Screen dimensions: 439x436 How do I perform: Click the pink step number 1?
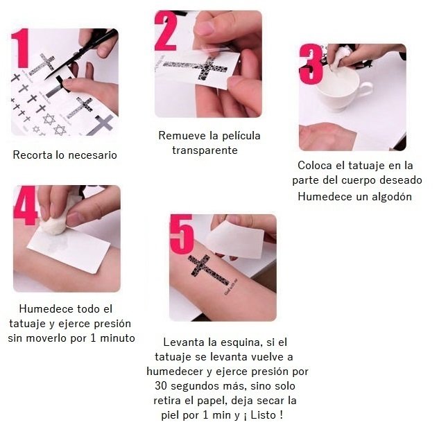[x=20, y=48]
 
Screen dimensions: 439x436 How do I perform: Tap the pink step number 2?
[x=166, y=31]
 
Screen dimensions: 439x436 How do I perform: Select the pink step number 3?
[x=311, y=64]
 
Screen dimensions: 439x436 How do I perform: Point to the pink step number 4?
[x=25, y=205]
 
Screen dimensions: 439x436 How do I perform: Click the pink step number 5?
[x=182, y=234]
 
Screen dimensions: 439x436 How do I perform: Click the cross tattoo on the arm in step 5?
[x=209, y=270]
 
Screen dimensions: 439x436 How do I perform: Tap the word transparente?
[x=205, y=150]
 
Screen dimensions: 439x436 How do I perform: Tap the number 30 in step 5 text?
[x=162, y=386]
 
